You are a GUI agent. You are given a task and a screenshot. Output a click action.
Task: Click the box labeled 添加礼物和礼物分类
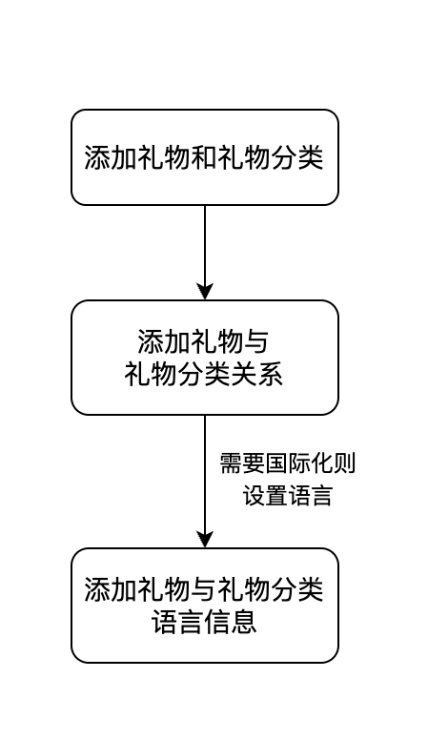click(x=205, y=157)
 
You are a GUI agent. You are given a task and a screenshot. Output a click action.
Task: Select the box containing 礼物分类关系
click(x=205, y=358)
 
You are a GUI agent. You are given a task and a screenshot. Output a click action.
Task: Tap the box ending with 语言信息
click(x=205, y=606)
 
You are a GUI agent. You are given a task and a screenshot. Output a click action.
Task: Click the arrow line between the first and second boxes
click(x=205, y=253)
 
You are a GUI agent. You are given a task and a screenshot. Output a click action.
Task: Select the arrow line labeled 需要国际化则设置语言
click(x=205, y=482)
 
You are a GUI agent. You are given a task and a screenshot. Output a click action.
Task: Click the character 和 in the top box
click(x=204, y=157)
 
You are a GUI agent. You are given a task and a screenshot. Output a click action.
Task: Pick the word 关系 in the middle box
click(x=257, y=375)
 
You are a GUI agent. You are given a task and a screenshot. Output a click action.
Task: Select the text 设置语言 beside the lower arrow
click(x=288, y=495)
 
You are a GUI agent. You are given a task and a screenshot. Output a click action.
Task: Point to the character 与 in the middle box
click(x=256, y=341)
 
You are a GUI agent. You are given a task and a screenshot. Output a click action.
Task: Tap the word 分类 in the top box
click(x=296, y=157)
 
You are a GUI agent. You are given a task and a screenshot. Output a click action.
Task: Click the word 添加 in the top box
click(x=112, y=157)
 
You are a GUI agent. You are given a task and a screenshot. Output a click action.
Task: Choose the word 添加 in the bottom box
click(x=112, y=589)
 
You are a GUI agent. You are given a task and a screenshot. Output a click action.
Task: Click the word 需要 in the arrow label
click(x=242, y=462)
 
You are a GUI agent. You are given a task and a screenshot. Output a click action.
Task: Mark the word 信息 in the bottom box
click(x=231, y=622)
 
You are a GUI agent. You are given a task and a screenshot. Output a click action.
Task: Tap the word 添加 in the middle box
click(x=164, y=341)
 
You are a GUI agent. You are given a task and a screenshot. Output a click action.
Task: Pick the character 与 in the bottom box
click(x=204, y=589)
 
